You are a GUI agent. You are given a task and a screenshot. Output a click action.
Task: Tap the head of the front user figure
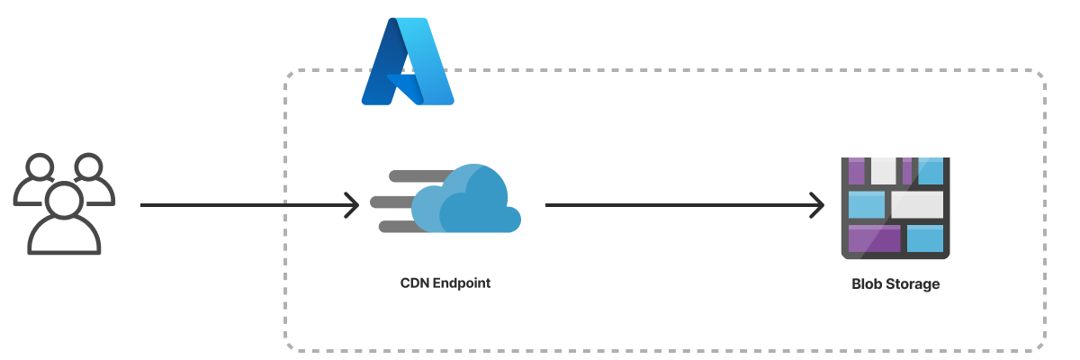click(64, 200)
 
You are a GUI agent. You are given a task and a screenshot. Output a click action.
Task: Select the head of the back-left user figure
click(40, 168)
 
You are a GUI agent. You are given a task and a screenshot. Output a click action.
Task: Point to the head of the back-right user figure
click(89, 168)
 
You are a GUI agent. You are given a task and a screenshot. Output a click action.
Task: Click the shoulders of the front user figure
click(64, 238)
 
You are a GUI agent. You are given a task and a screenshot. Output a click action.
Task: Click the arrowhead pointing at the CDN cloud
click(351, 205)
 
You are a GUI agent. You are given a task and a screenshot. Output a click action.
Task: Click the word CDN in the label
click(415, 283)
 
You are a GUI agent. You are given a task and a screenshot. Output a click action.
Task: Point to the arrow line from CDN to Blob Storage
click(675, 205)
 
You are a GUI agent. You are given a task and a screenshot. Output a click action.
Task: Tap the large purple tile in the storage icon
click(875, 238)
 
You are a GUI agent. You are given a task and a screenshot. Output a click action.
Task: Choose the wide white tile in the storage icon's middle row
click(917, 204)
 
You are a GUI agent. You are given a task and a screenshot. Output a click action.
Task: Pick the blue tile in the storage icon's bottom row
click(924, 238)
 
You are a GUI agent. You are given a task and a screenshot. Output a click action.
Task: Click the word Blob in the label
click(866, 284)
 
